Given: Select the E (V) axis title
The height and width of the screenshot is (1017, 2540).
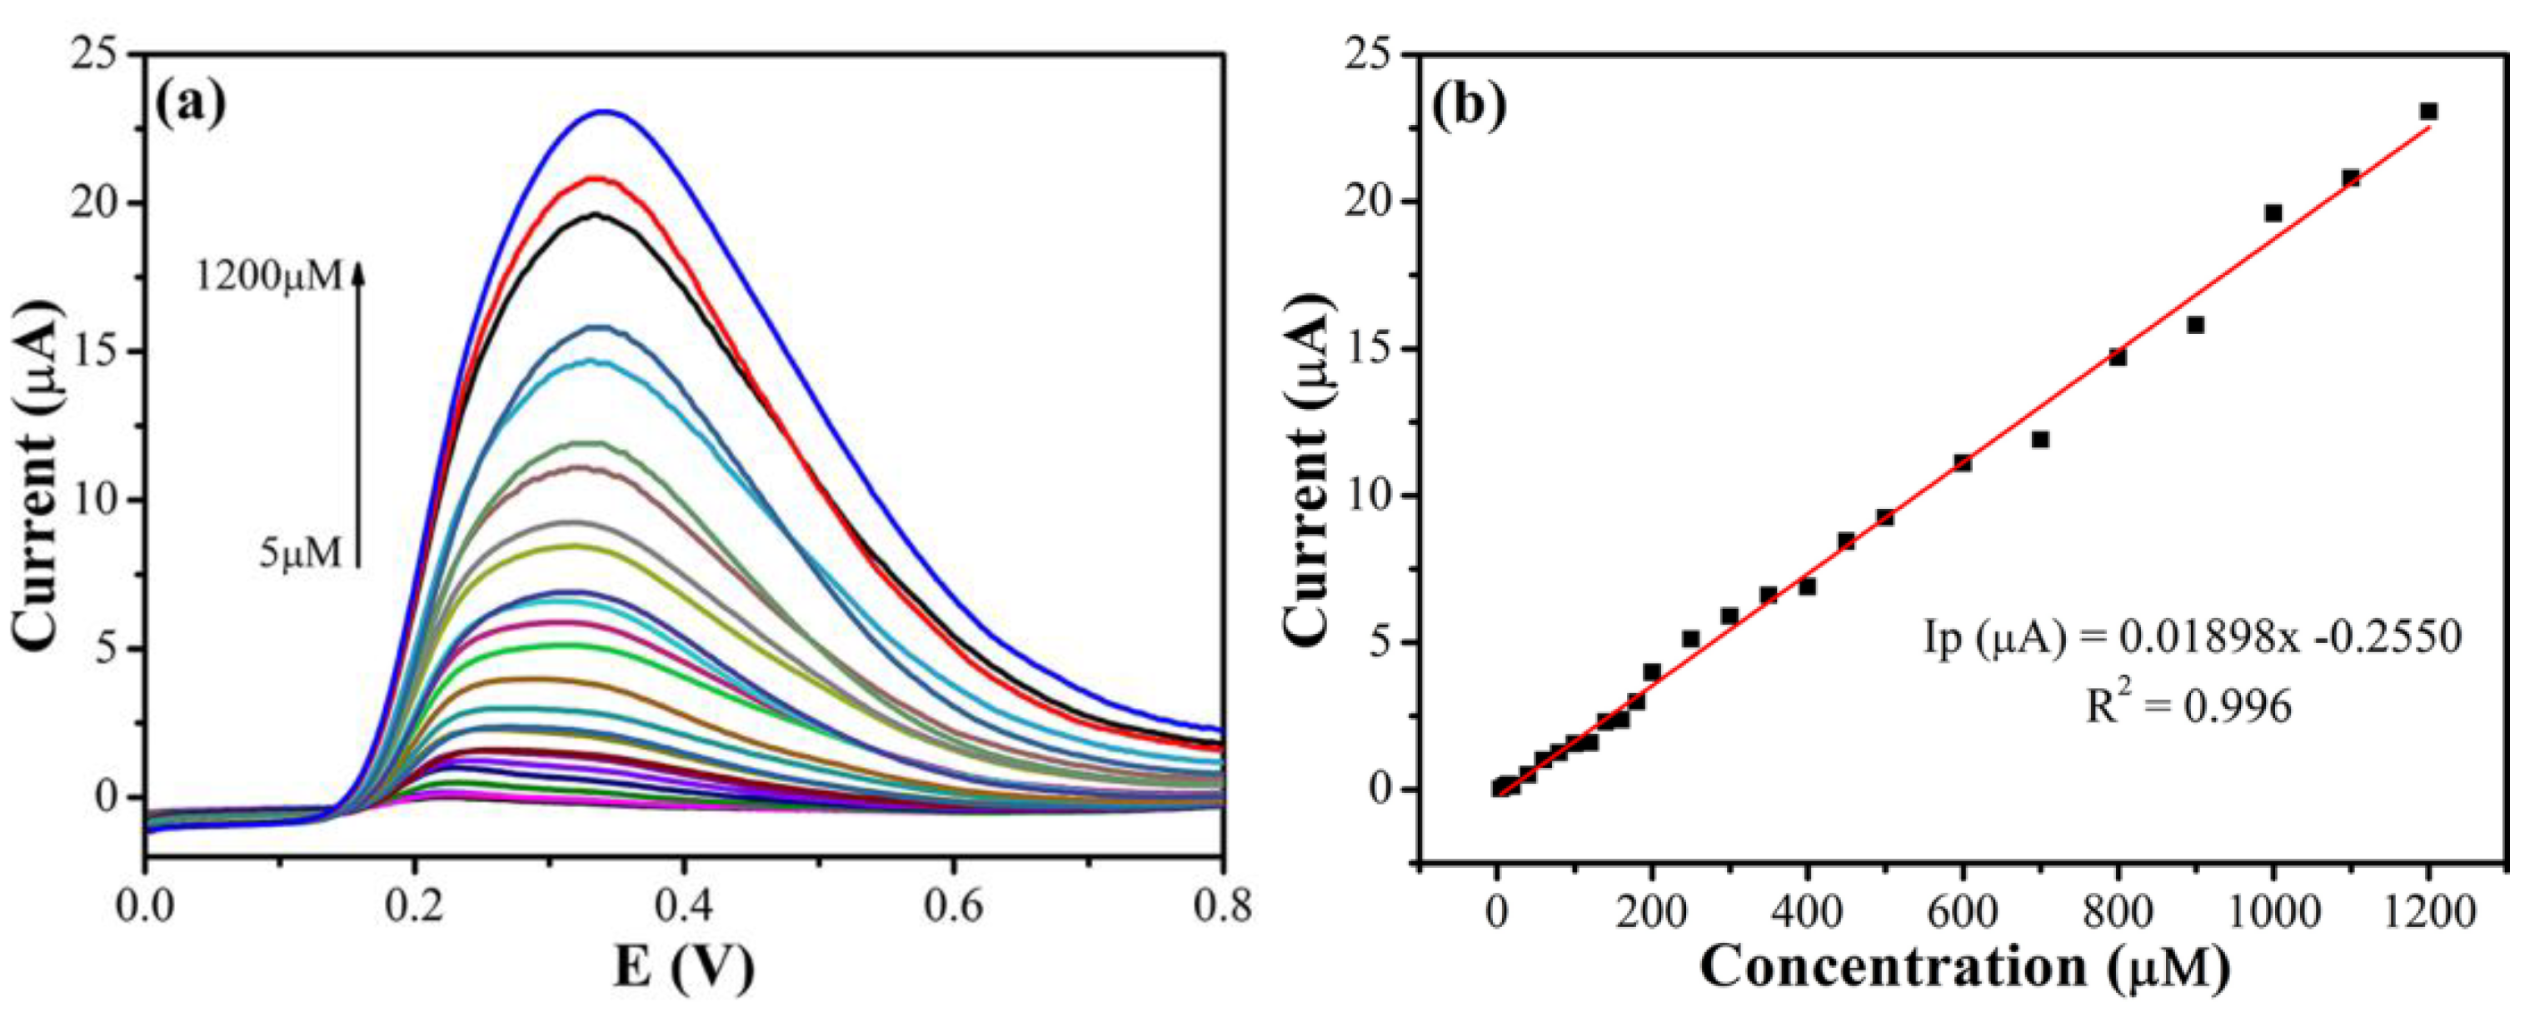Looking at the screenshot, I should click(683, 970).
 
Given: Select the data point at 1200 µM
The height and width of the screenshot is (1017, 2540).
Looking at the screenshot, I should click(2428, 112).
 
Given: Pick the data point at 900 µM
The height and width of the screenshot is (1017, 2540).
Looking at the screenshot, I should click(2196, 325).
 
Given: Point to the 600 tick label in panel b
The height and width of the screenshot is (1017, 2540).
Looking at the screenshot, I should click(1962, 910).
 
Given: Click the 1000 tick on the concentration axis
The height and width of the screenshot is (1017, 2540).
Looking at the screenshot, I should click(2273, 910).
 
